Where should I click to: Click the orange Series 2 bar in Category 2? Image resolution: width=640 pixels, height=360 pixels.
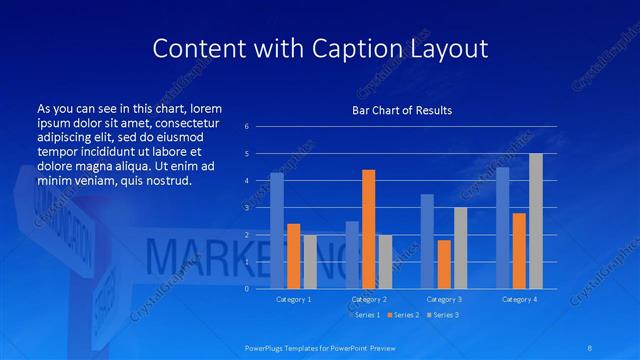(x=368, y=229)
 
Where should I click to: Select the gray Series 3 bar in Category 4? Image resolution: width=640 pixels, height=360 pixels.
(x=535, y=221)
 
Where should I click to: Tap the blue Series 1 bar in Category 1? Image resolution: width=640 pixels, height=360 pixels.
(x=277, y=231)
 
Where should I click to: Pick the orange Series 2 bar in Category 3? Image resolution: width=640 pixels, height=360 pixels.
(x=444, y=264)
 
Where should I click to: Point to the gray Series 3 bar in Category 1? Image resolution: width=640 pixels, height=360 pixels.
(x=310, y=261)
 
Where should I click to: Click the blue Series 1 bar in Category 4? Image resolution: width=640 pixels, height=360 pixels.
(x=502, y=228)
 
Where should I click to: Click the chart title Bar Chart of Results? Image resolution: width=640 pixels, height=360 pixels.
(x=402, y=110)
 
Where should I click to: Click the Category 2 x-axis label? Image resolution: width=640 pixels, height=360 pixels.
(x=369, y=299)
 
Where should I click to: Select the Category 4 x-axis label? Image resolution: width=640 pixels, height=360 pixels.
(x=519, y=299)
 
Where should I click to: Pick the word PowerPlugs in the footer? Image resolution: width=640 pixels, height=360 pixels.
(x=267, y=347)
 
